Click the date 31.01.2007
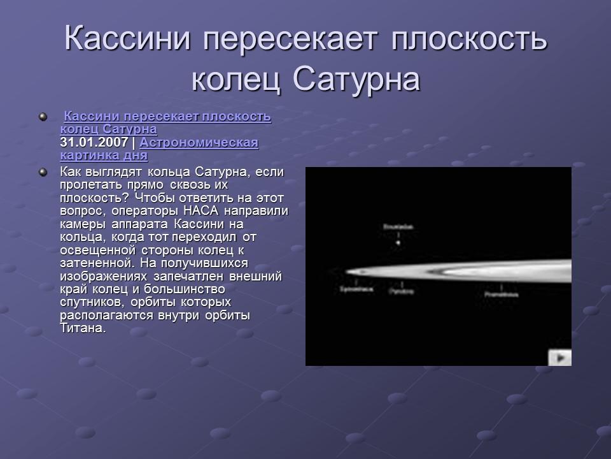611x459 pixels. [x=94, y=142]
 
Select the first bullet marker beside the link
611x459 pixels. [x=43, y=117]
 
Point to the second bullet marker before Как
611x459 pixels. [x=43, y=171]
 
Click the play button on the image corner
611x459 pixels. [x=560, y=358]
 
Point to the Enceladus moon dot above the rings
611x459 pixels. [x=398, y=242]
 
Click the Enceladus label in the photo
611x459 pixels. [x=398, y=226]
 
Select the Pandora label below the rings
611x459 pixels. [x=401, y=291]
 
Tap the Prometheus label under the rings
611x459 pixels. [x=501, y=295]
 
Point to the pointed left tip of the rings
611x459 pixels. [x=348, y=273]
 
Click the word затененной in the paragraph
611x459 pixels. [x=90, y=263]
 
